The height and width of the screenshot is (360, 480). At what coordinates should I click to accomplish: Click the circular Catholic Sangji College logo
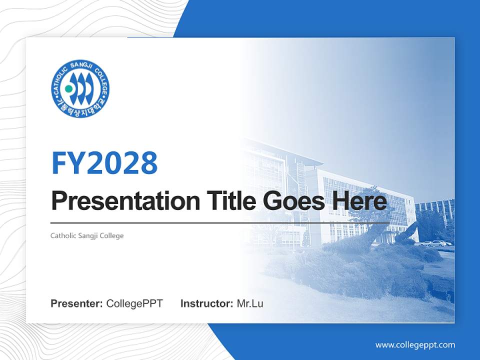[80, 88]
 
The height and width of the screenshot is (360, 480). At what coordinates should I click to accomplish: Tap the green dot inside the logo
[69, 89]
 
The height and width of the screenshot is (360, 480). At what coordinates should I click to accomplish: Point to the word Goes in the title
[291, 201]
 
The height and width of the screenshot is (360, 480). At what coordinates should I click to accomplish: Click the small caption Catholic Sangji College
[87, 235]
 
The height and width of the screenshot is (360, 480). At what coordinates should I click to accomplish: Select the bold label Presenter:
[77, 303]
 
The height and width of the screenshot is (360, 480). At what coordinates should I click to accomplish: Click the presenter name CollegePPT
[134, 303]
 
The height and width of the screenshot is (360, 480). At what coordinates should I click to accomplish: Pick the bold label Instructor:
[206, 303]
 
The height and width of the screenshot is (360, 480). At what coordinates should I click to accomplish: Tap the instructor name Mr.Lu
[249, 303]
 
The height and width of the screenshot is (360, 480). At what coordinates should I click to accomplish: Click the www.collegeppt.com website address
[415, 344]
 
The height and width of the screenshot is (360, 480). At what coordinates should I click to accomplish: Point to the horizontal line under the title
[220, 222]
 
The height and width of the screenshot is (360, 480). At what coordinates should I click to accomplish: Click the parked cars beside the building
[436, 243]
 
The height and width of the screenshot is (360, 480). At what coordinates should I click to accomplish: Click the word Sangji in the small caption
[88, 235]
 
